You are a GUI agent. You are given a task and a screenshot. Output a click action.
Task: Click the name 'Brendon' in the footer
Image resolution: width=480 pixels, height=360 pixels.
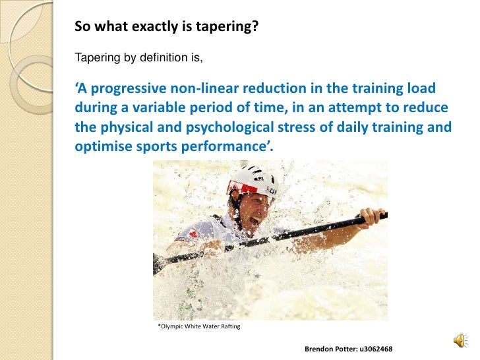tap(316, 347)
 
